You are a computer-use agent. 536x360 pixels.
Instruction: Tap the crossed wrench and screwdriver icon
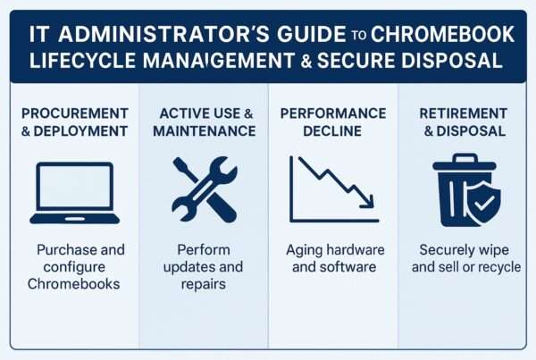[x=204, y=190]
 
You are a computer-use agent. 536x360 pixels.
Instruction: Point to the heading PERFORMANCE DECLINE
[x=331, y=122]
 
